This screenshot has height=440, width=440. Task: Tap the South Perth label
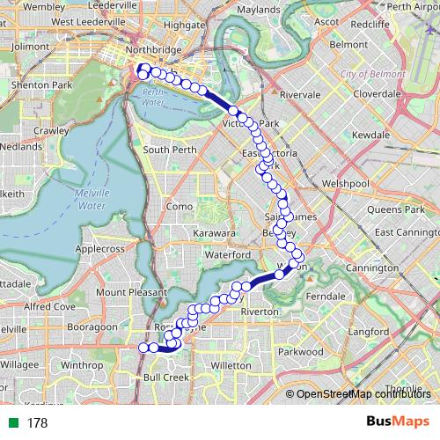(169, 150)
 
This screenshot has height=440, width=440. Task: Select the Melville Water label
(92, 199)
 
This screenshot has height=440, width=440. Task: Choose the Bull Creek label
(165, 377)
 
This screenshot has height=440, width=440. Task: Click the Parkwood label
(301, 351)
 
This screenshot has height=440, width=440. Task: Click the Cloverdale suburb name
(377, 92)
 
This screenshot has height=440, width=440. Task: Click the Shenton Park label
(34, 84)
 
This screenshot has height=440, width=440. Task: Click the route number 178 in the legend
(38, 423)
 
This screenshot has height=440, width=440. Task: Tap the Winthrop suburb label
(83, 363)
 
